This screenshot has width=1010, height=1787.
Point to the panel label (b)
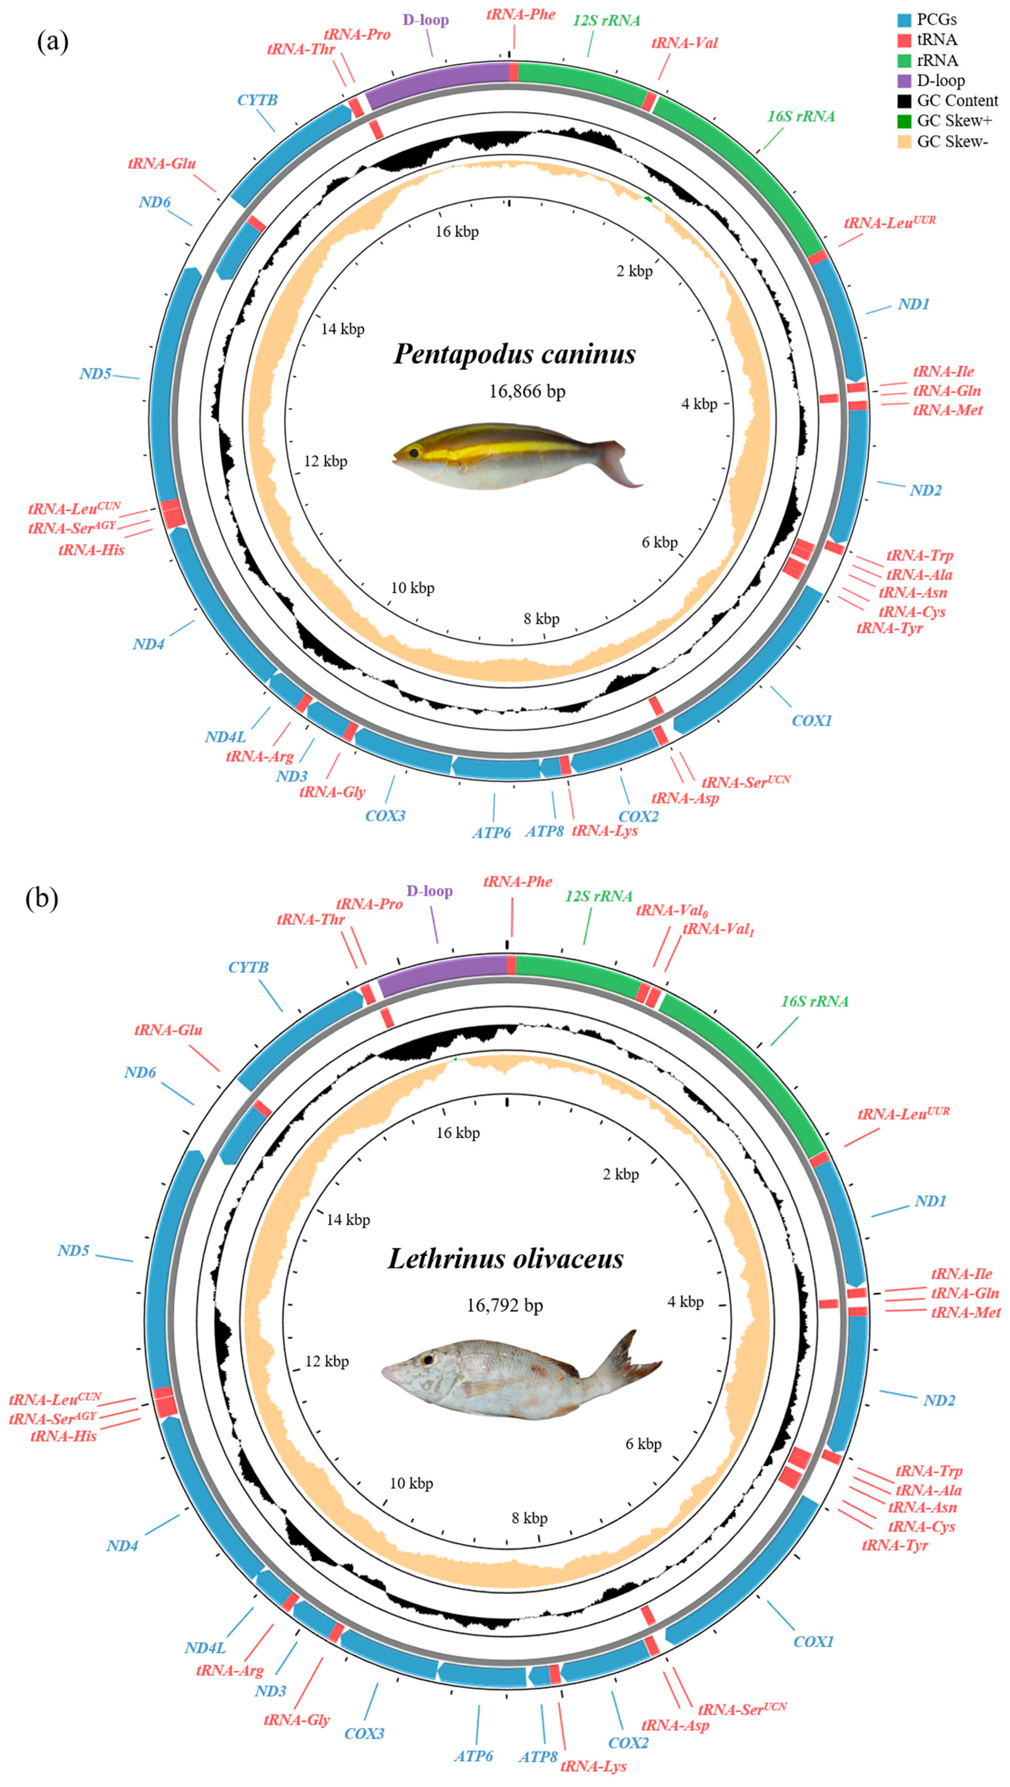point(42,899)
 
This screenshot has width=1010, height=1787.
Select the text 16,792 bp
point(504,1305)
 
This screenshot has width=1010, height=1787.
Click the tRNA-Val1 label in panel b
point(718,929)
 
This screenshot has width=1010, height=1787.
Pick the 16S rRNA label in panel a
point(801,116)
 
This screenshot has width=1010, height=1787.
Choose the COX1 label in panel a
point(811,720)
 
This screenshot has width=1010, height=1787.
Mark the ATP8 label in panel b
point(537,1751)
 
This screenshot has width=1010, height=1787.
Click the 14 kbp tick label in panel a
point(343,329)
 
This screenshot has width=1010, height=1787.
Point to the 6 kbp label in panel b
point(643,1444)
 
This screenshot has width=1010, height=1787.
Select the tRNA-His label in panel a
point(91,550)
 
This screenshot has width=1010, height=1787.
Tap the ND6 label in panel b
point(140,1072)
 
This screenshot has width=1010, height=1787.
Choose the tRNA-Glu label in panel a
point(162,164)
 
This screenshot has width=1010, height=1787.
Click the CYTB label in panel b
point(247,967)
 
